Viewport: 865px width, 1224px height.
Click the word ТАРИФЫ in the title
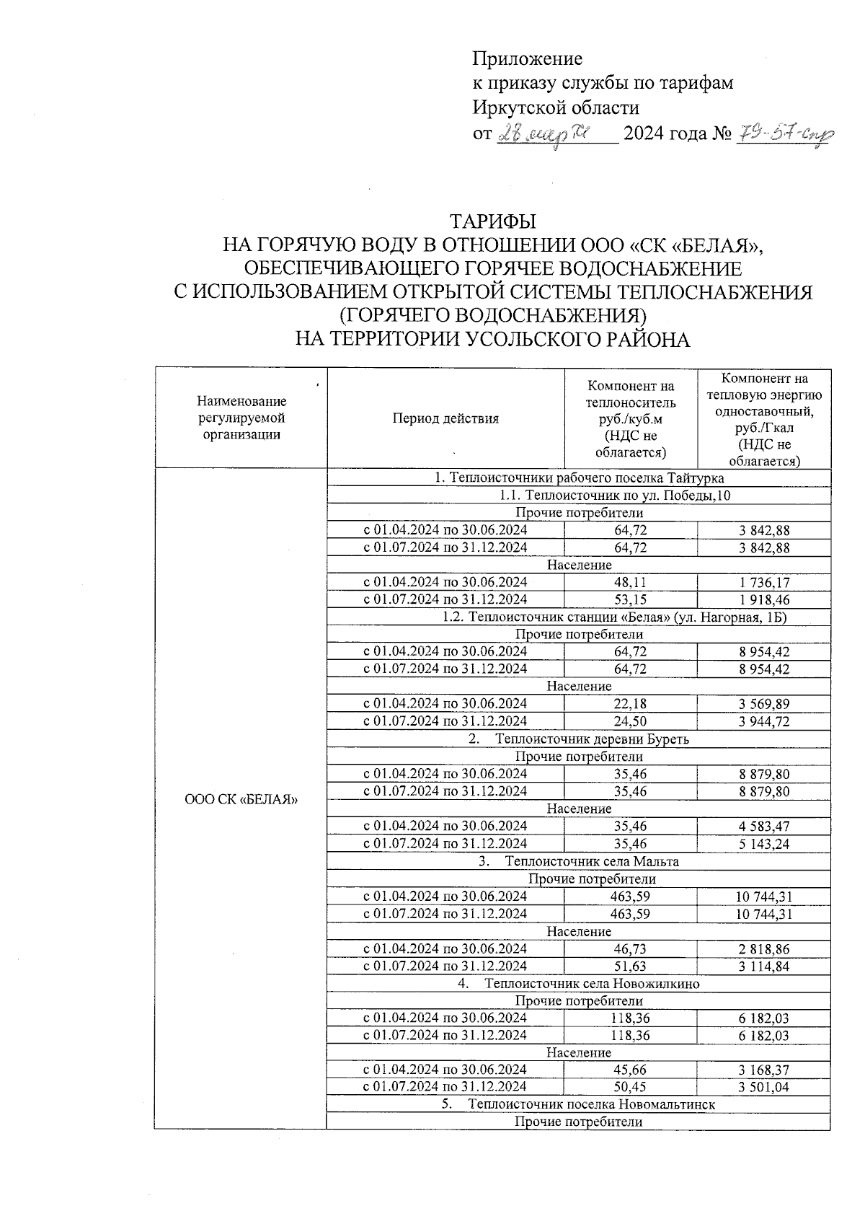pos(493,221)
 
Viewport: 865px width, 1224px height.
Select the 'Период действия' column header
pos(445,419)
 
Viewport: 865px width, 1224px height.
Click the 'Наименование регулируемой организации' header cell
pos(241,418)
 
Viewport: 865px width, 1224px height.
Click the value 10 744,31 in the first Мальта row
pos(763,897)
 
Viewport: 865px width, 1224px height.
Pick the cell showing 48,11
pos(630,582)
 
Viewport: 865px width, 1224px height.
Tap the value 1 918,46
pos(763,599)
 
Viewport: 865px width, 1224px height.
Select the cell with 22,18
pos(630,704)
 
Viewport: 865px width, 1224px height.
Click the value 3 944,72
pos(763,721)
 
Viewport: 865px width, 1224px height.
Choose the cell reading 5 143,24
pos(763,844)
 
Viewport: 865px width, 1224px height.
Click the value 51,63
pos(630,967)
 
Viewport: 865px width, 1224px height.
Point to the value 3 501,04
pos(763,1088)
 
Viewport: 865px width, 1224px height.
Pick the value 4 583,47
pos(763,827)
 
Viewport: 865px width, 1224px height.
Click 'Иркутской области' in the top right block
pos(556,108)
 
